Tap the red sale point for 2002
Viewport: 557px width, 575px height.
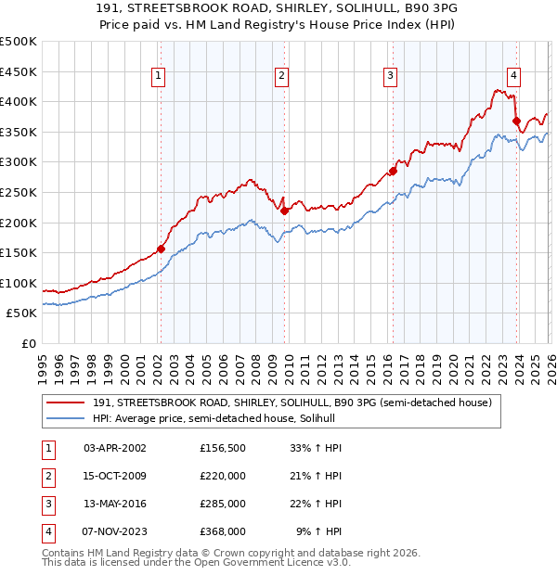point(161,249)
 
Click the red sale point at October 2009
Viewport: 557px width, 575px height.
point(284,211)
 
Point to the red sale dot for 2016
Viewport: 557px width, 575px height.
point(393,171)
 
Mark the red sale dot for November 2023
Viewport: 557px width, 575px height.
point(516,121)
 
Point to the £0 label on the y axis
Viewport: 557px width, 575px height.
point(29,343)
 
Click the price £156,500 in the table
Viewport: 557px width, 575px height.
point(223,448)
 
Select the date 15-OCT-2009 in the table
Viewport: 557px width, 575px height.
point(115,476)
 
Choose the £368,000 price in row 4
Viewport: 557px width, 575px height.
point(223,531)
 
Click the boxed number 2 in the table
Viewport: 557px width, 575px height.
point(47,476)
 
